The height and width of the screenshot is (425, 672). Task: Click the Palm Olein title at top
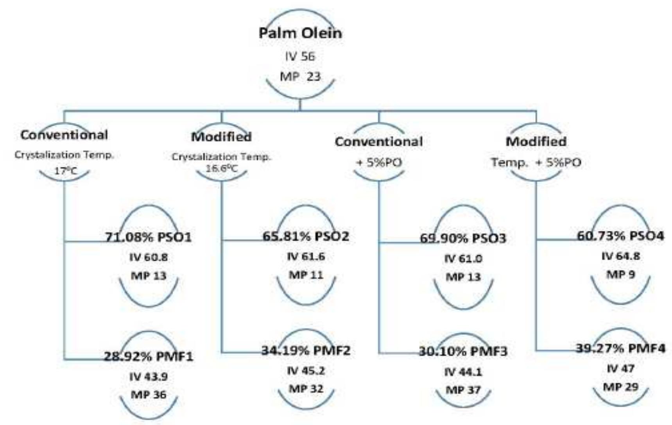point(300,33)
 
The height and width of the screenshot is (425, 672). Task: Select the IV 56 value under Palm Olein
point(300,57)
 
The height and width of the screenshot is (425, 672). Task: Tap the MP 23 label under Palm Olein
point(300,76)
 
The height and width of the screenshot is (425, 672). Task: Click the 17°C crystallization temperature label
point(65,170)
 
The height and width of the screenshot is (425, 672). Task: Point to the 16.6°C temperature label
point(222,169)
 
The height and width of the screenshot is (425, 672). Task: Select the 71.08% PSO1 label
point(149,237)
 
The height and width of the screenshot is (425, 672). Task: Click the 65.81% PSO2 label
point(306,236)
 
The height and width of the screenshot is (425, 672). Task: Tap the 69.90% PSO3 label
point(463,238)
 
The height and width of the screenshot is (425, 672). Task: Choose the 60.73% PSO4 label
point(620,236)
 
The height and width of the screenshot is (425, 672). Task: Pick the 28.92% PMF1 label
point(149,356)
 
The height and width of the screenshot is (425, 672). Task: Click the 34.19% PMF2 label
point(306,350)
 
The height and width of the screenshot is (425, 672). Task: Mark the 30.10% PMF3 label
point(463,352)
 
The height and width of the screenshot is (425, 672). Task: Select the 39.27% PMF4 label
point(620,348)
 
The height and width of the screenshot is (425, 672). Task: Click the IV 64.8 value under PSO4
point(620,256)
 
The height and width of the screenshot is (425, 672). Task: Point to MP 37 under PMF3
point(463,390)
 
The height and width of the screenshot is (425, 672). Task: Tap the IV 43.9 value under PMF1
point(149,377)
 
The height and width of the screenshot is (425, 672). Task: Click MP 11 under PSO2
point(306,275)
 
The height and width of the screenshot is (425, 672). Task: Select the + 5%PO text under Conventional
point(379,162)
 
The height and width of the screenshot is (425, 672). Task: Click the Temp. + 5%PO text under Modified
point(536,162)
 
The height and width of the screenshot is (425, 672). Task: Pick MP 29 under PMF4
point(620,387)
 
